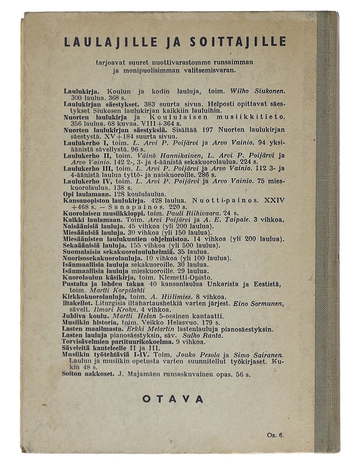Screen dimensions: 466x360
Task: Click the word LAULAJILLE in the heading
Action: point(111,42)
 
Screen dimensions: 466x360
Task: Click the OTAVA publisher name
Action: point(173,400)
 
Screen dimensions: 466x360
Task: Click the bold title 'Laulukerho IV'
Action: point(86,182)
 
